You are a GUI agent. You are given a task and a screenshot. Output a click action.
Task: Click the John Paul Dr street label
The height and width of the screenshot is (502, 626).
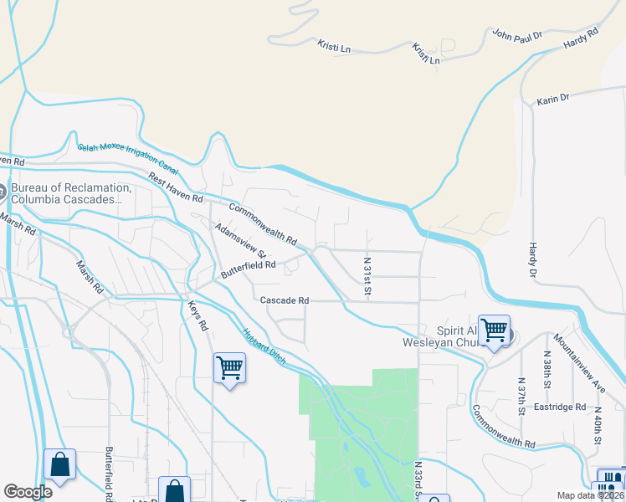coord(517,35)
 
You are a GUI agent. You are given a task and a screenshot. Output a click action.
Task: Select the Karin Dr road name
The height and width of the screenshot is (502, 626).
coord(552,99)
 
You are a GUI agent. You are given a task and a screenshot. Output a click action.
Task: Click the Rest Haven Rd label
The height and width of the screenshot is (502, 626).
coord(176,188)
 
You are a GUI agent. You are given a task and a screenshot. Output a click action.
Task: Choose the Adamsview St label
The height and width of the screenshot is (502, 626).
coord(239,240)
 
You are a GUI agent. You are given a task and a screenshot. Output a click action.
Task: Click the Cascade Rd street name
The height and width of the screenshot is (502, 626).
coord(285,300)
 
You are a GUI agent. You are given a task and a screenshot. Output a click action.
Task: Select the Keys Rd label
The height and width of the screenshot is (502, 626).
coord(197,315)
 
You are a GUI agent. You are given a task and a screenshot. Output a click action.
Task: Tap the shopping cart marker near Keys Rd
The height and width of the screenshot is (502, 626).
coord(229,367)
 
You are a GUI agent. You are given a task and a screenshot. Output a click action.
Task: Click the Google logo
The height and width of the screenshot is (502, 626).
coord(28,492)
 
